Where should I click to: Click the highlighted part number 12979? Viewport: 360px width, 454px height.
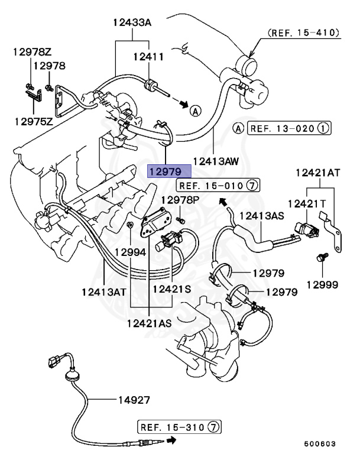(169, 171)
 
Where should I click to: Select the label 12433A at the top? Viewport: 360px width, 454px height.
(132, 23)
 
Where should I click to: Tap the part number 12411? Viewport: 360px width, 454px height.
(148, 56)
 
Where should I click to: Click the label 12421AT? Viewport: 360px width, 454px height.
(320, 173)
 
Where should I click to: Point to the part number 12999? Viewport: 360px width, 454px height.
(323, 284)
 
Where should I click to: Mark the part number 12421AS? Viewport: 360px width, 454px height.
(150, 323)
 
